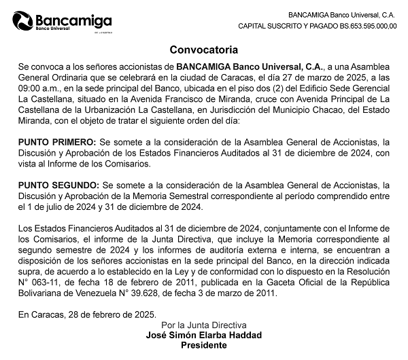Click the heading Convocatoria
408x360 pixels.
(203, 50)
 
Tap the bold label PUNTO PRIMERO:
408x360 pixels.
(58, 142)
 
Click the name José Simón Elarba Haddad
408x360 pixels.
(203, 336)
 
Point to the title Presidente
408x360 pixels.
(203, 346)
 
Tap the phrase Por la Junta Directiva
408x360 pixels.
(203, 325)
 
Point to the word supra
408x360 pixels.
(31, 272)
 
